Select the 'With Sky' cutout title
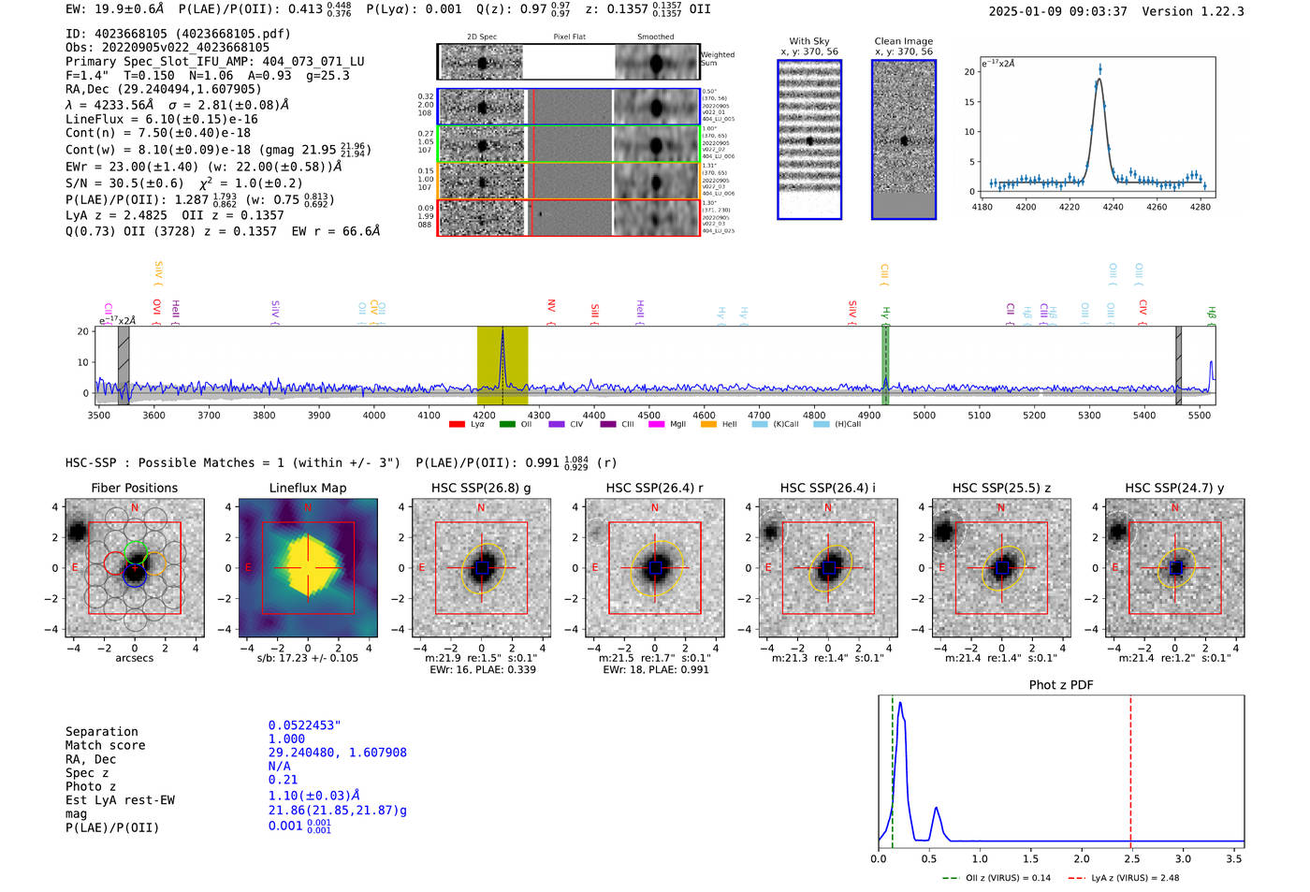tap(809, 41)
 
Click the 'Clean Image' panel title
tap(903, 41)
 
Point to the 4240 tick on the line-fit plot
tap(1113, 207)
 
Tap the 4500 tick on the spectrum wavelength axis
tap(648, 415)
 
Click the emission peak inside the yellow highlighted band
tap(502, 331)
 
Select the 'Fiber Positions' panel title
tap(134, 488)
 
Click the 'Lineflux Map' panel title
tap(308, 488)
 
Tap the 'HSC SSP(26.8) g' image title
tap(481, 488)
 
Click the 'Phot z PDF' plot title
tap(1061, 685)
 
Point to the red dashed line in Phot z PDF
tap(1130, 768)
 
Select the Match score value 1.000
tap(286, 738)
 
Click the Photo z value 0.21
tap(283, 780)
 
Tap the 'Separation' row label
tap(101, 732)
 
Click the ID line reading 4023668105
tap(178, 34)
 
